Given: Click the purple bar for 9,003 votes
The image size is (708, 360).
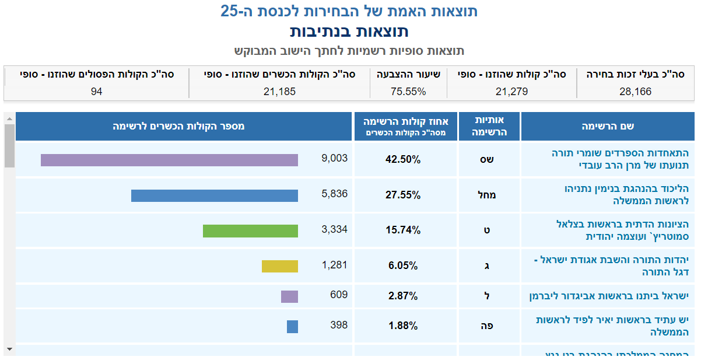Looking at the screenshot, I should [x=169, y=160].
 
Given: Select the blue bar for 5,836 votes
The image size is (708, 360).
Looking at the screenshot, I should [x=214, y=195].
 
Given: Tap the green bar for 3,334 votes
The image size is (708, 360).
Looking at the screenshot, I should [x=250, y=230].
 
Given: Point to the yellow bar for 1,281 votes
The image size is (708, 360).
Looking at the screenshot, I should [x=279, y=266].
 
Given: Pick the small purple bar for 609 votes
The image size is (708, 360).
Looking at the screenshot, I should [x=289, y=296].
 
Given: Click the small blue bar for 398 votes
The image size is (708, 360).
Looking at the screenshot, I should [x=292, y=327].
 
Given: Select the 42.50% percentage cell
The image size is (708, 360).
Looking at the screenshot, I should [x=403, y=160].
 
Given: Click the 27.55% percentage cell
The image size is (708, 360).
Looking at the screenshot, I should [x=403, y=195].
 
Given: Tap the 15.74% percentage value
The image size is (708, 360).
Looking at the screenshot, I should [x=403, y=230].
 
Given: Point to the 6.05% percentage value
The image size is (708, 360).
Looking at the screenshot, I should [x=403, y=266].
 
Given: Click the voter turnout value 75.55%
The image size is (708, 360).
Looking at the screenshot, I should [x=408, y=92].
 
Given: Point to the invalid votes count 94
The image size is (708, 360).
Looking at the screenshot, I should [x=97, y=92].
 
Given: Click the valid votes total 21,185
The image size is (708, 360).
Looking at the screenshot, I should [x=279, y=92].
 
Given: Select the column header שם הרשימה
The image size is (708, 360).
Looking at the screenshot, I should [x=608, y=127].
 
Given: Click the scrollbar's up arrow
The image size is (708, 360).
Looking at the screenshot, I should [x=9, y=118].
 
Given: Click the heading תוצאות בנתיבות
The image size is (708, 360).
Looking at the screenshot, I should [x=349, y=31].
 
